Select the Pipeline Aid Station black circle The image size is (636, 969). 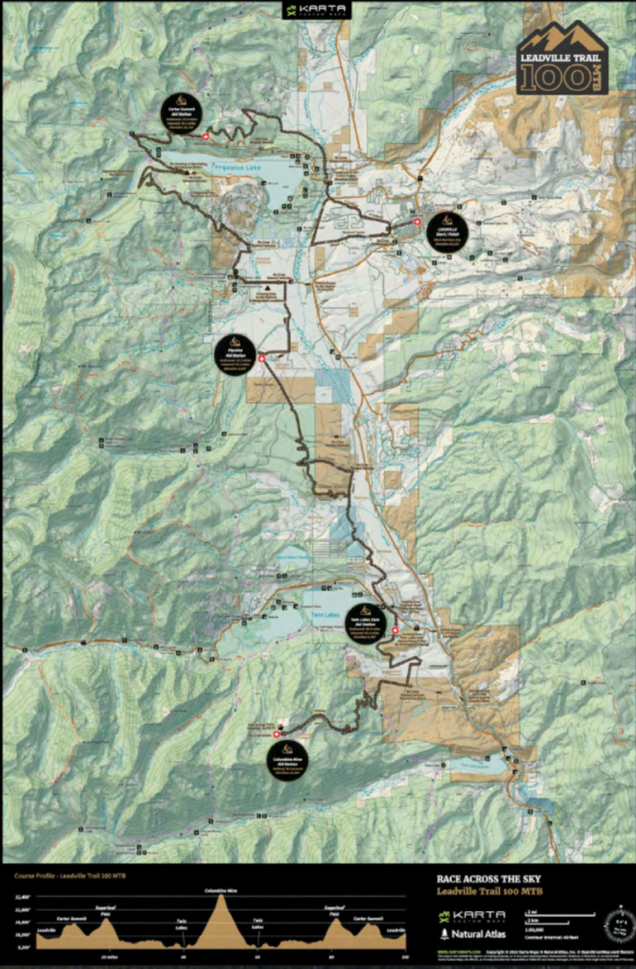click(x=235, y=355)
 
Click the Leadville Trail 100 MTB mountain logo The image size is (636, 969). click(x=562, y=58)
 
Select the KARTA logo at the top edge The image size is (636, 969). click(x=318, y=11)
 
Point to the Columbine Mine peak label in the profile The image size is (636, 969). click(x=221, y=890)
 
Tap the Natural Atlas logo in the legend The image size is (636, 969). click(x=471, y=933)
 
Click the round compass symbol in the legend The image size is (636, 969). click(x=620, y=921)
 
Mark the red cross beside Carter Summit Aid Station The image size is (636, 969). click(x=205, y=138)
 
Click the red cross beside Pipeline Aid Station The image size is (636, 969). click(x=262, y=359)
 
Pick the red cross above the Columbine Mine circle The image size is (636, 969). click(x=276, y=733)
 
